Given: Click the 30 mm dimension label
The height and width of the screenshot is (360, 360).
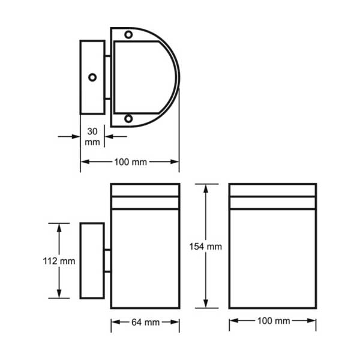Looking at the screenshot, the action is [x=92, y=137].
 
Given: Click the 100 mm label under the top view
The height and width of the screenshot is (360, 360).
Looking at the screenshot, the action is [x=130, y=162].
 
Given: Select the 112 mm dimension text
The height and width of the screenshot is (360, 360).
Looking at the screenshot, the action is [x=59, y=261].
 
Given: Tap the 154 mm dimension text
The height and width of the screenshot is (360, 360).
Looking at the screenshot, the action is [x=205, y=247].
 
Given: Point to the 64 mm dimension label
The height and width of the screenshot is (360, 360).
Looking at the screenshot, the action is [x=146, y=322].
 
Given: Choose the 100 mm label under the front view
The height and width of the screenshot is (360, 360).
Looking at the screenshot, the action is [x=274, y=321].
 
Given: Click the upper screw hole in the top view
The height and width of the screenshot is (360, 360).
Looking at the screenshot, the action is [x=128, y=35].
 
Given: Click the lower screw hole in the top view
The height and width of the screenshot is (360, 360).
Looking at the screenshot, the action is [x=128, y=119].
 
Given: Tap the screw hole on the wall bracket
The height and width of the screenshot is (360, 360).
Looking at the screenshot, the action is [x=92, y=77].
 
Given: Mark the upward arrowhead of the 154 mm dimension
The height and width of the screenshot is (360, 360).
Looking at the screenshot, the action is [x=206, y=188].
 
